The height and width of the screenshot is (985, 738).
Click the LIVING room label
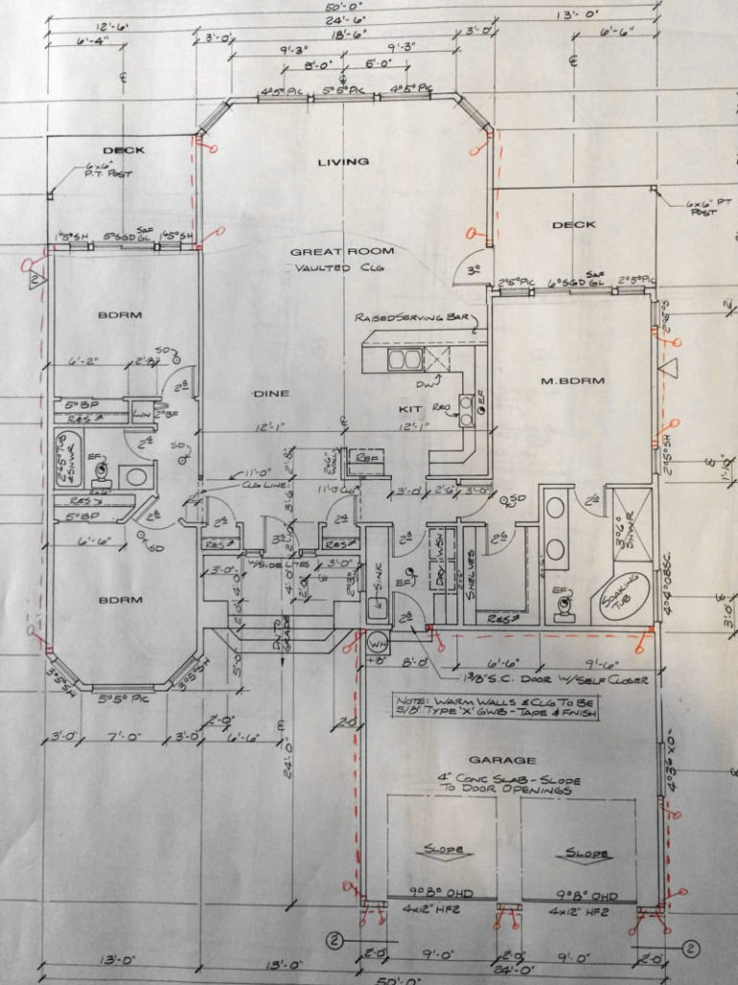point(343,162)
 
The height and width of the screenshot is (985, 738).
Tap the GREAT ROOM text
point(330,251)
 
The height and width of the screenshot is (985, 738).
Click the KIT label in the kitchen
point(410,409)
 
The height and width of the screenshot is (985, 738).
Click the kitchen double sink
point(405,360)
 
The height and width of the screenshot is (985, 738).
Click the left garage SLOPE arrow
point(443,850)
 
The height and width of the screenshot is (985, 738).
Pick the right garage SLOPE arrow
point(584,852)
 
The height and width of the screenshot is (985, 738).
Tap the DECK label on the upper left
point(123,150)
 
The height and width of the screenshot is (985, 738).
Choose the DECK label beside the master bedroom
point(574,225)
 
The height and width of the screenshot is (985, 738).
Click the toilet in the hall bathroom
point(102,472)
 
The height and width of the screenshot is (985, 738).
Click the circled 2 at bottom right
point(690,948)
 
